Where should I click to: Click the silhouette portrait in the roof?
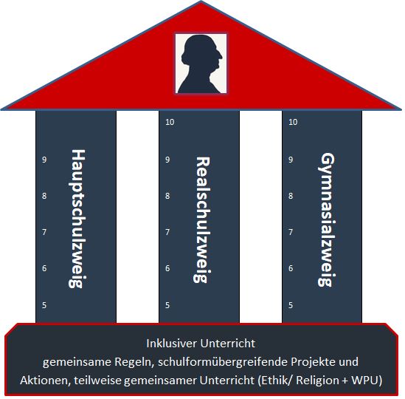pos(201,64)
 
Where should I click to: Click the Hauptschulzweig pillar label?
pos(77,219)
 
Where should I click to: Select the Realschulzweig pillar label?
pos(202,220)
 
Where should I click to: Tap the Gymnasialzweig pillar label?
pos(326,219)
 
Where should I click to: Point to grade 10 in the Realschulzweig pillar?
pos(170,122)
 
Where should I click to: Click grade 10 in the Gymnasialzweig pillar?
pos(293,122)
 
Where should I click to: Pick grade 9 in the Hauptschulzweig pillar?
pos(44,160)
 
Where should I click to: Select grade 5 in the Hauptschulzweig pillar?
pos(44,305)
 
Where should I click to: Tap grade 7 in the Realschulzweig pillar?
pos(167,232)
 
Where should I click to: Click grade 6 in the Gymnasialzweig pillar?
pos(291,268)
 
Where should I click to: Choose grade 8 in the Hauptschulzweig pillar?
pos(44,196)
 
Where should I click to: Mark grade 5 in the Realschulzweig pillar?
pos(167,305)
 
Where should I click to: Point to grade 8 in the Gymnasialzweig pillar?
pos(291,196)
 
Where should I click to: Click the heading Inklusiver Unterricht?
pos(201,344)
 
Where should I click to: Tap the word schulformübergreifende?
pos(223,362)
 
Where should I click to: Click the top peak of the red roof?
pos(201,1)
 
